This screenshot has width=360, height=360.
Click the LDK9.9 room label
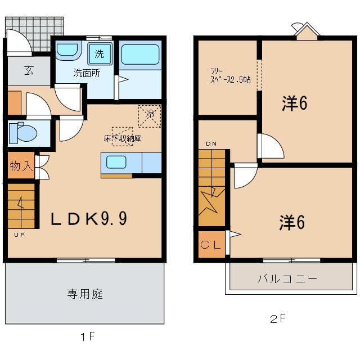pyautogui.click(x=89, y=218)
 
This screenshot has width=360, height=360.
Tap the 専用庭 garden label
pyautogui.click(x=85, y=294)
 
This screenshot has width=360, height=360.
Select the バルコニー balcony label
pyautogui.click(x=287, y=279)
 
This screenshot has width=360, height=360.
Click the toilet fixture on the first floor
pyautogui.click(x=23, y=133)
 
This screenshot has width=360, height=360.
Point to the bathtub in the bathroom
pyautogui.click(x=140, y=55)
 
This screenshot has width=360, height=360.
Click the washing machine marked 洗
pyautogui.click(x=100, y=54)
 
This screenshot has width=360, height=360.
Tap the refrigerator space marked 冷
pyautogui.click(x=150, y=116)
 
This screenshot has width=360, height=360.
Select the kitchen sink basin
pyautogui.click(x=116, y=162)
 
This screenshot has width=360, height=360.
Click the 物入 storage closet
pyautogui.click(x=21, y=165)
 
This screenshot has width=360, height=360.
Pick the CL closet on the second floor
pyautogui.click(x=211, y=245)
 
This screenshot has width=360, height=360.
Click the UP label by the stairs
pyautogui.click(x=19, y=235)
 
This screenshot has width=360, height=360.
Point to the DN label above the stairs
pyautogui.click(x=211, y=144)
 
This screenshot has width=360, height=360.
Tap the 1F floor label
pyautogui.click(x=88, y=337)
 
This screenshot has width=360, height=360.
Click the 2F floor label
pyautogui.click(x=277, y=319)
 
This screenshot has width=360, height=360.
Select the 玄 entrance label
pyautogui.click(x=29, y=70)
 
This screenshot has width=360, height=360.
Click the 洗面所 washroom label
pyautogui.click(x=87, y=73)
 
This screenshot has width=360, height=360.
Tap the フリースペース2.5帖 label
pyautogui.click(x=230, y=76)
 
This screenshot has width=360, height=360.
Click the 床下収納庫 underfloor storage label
pyautogui.click(x=122, y=138)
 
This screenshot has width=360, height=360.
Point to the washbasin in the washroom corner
pyautogui.click(x=67, y=51)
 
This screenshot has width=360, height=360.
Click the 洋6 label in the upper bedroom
pyautogui.click(x=295, y=103)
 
